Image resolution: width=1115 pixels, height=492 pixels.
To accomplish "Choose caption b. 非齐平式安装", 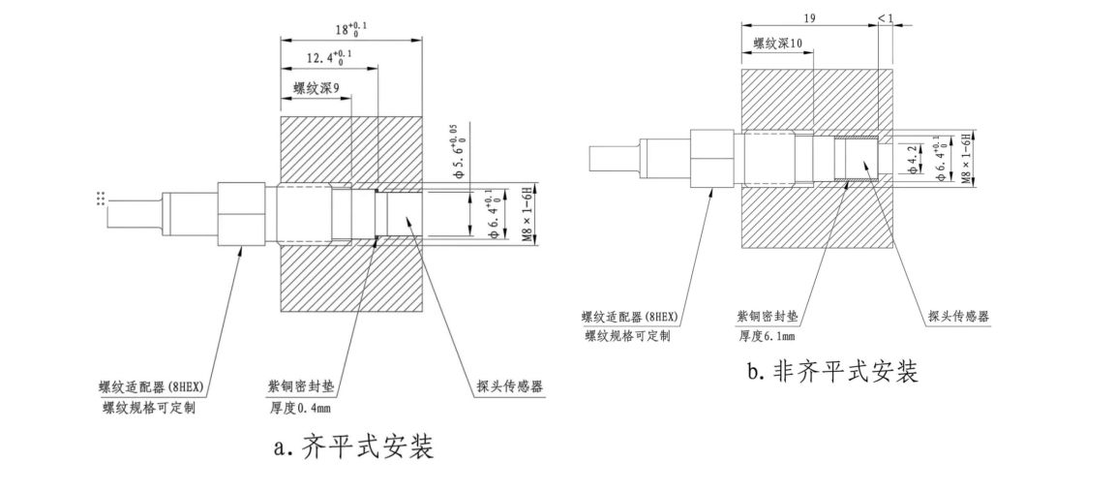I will click(x=832, y=371).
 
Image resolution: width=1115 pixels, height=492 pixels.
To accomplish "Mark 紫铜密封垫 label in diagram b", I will click(x=770, y=318).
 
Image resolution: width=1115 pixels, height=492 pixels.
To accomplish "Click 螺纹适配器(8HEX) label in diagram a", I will click(x=155, y=385).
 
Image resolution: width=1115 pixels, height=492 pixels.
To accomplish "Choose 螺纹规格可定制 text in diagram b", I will click(x=628, y=335).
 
